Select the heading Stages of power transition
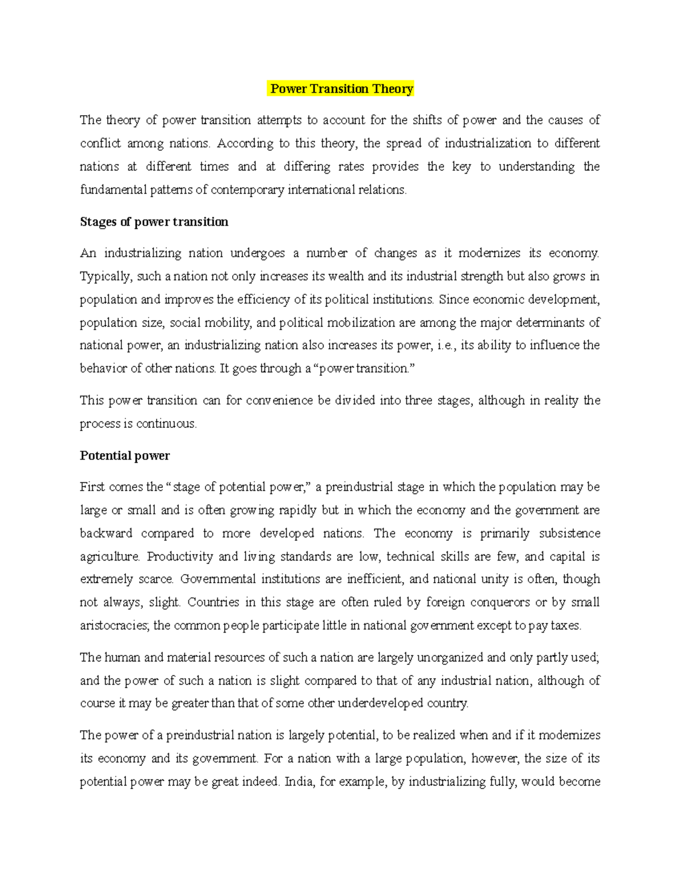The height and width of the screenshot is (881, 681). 154,222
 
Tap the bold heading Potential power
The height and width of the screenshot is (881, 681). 125,456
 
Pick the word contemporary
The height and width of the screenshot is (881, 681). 247,190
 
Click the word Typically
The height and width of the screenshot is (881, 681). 106,277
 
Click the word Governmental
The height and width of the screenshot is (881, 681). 216,580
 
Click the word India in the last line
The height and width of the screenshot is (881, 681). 299,782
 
